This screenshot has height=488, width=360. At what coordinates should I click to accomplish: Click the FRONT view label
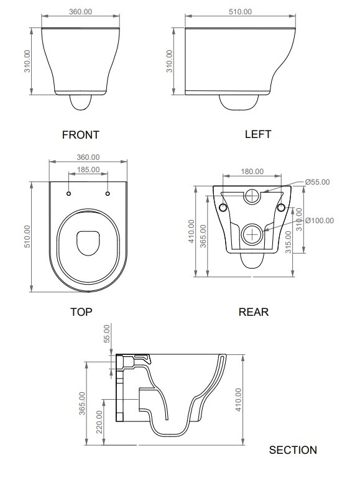[x=80, y=134]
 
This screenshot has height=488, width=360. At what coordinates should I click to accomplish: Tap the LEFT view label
[x=258, y=134]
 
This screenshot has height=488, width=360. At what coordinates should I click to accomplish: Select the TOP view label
[x=81, y=312]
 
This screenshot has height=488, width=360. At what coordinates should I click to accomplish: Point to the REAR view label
[x=254, y=312]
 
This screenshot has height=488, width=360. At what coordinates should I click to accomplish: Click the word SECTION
[x=293, y=450]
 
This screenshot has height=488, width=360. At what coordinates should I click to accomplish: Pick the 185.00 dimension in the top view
[x=88, y=170]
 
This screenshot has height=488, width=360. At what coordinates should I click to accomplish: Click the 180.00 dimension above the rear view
[x=252, y=172]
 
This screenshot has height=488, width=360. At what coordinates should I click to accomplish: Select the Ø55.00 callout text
[x=317, y=182]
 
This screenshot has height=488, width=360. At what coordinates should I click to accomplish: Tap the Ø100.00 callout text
[x=319, y=220]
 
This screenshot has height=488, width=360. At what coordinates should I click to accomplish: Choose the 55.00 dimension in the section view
[x=106, y=334]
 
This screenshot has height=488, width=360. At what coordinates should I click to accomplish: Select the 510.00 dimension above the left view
[x=239, y=12]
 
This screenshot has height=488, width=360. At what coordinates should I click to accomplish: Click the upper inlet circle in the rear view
[x=252, y=196]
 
